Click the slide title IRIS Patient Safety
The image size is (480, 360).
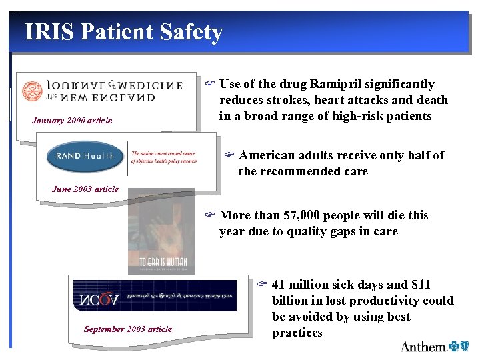123,32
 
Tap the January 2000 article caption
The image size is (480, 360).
72,121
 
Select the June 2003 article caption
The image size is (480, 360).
85,189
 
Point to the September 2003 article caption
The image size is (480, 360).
128,329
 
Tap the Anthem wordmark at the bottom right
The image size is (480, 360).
423,347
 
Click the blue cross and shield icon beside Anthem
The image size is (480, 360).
459,346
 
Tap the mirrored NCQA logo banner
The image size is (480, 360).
155,296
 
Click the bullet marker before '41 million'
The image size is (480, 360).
262,285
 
